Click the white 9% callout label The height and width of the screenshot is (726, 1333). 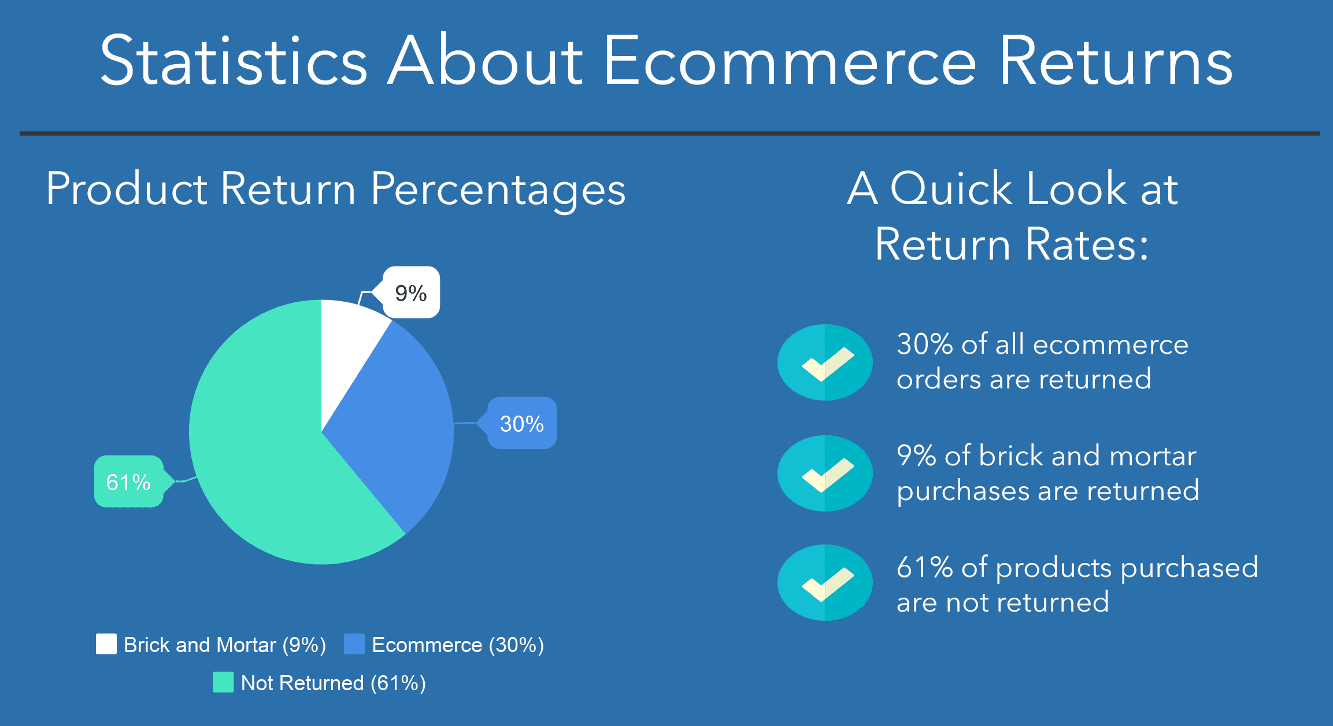point(411,292)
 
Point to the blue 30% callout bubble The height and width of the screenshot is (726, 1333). point(522,424)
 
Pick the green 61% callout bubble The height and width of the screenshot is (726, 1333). point(128,482)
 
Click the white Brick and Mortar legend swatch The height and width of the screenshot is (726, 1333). point(106,644)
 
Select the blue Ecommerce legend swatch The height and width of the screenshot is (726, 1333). point(354,644)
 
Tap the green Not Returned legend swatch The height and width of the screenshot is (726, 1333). point(223,682)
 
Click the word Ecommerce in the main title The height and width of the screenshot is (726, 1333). point(790,61)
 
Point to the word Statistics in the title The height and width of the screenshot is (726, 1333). point(234,61)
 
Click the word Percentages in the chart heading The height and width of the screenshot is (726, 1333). point(498,190)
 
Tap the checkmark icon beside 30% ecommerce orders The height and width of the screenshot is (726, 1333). point(825,362)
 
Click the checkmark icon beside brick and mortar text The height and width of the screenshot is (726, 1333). point(825,473)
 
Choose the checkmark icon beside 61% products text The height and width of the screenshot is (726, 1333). point(825,583)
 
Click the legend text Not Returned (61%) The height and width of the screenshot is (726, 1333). point(333,683)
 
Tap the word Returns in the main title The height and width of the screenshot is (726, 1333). point(1116,61)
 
